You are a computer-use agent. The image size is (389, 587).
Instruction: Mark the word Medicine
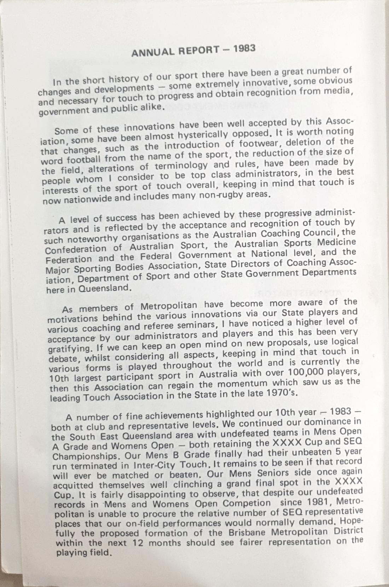pyautogui.click(x=336, y=242)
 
